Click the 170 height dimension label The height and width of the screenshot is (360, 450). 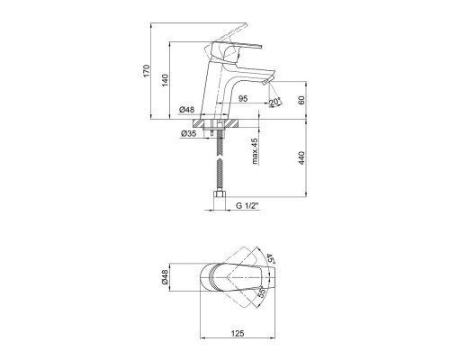(146, 70)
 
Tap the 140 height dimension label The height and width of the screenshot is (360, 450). (166, 80)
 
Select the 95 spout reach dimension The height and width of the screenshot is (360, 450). (243, 98)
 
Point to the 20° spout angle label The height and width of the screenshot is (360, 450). (274, 102)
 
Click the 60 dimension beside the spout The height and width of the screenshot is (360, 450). (301, 100)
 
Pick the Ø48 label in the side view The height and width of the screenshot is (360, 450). (187, 110)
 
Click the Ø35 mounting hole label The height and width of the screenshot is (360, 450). (189, 133)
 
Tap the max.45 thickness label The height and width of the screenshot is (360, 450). (255, 151)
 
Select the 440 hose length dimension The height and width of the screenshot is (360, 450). (301, 158)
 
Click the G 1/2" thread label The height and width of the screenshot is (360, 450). (247, 206)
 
